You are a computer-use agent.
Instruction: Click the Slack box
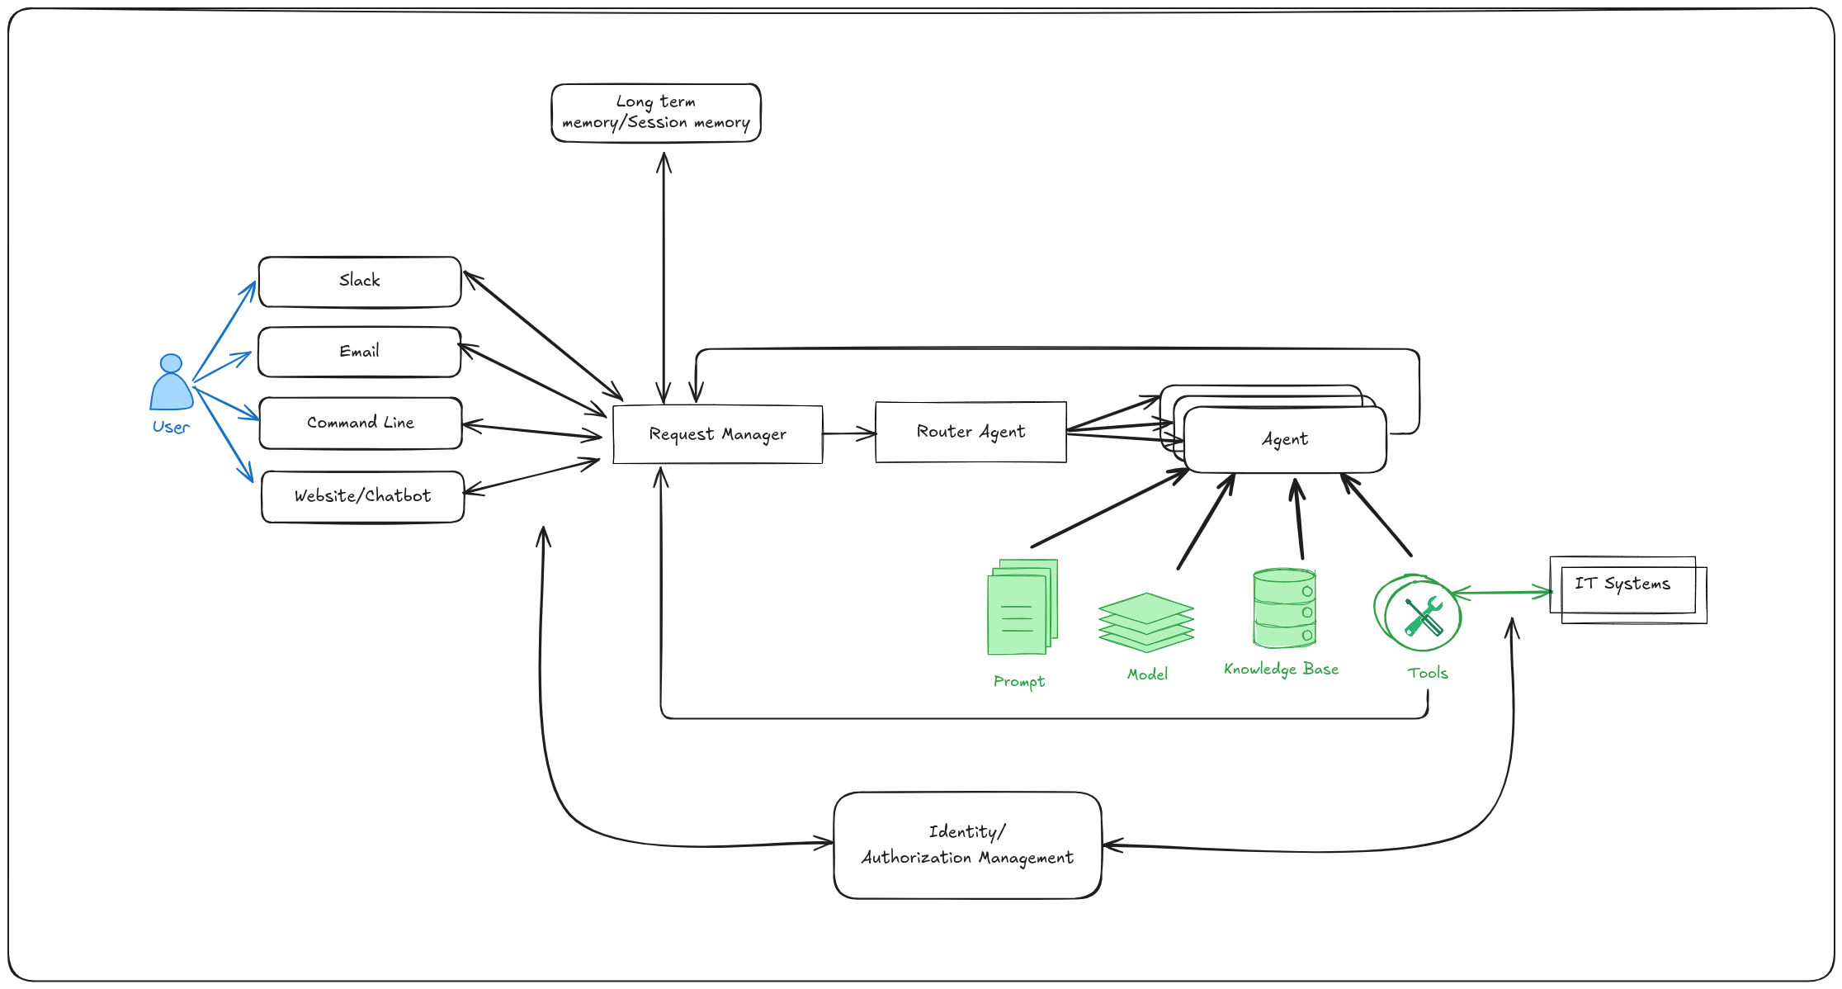[360, 282]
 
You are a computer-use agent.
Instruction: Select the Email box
[360, 352]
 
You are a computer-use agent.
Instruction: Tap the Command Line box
[361, 423]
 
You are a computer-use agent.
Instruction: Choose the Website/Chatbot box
[362, 496]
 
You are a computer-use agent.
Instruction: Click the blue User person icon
[171, 384]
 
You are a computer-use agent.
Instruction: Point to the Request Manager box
[717, 434]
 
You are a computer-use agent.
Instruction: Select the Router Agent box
[971, 432]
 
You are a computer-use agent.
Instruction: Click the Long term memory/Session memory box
[656, 112]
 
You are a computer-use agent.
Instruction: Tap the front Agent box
[1284, 440]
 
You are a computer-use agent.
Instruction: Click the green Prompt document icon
[1022, 608]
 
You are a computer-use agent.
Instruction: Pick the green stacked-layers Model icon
[1145, 622]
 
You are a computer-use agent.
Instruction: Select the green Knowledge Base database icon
[1283, 608]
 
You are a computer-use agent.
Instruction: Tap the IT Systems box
[1622, 585]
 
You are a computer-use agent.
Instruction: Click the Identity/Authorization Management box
[967, 845]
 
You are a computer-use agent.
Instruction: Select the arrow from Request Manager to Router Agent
[848, 433]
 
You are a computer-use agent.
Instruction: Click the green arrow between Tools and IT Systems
[1502, 592]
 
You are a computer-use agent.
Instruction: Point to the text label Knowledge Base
[1281, 670]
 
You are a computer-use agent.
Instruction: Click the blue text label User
[171, 428]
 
